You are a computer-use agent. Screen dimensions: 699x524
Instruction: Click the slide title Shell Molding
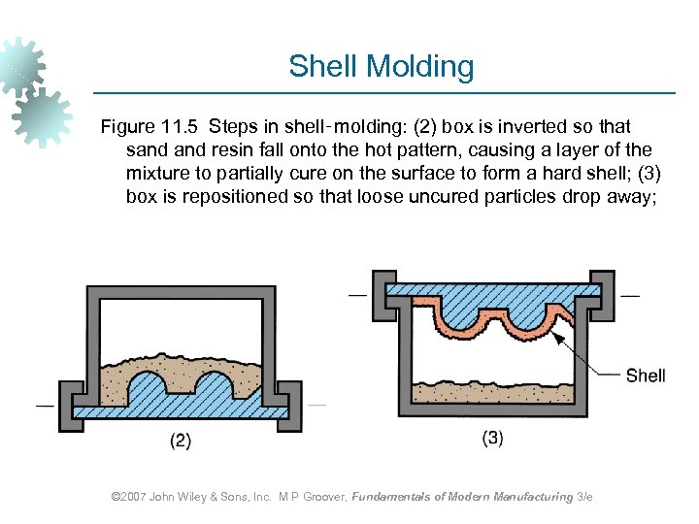[x=381, y=67]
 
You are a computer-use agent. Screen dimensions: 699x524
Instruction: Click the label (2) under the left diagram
[x=181, y=441]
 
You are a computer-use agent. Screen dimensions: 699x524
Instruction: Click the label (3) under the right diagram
[x=492, y=438]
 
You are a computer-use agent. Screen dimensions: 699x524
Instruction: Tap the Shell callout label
[x=645, y=375]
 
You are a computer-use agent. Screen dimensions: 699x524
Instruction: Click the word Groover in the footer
[x=320, y=497]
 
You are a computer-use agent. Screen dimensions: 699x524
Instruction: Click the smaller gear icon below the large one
[x=44, y=115]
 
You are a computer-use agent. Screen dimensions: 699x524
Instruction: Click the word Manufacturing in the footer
[x=533, y=497]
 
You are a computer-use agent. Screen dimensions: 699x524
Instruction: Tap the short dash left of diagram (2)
[x=45, y=403]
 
